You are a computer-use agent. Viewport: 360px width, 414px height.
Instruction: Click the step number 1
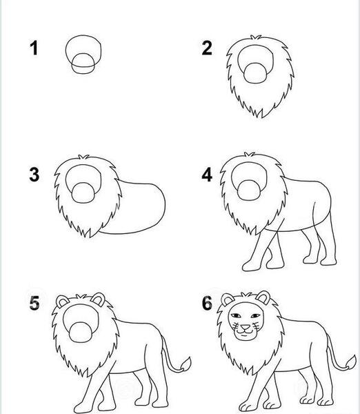[34, 48]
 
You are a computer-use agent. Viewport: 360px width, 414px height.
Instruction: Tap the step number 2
[207, 48]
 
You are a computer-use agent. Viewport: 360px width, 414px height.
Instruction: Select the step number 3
[34, 175]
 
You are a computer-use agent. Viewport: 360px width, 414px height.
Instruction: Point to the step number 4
[207, 175]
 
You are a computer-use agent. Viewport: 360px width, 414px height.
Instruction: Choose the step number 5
[34, 303]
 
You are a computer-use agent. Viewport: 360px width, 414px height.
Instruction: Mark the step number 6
[207, 303]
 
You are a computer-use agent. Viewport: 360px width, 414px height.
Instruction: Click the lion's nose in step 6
[246, 328]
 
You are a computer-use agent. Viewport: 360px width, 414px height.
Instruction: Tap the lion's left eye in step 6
[236, 315]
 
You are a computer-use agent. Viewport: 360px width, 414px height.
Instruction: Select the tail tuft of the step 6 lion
[351, 363]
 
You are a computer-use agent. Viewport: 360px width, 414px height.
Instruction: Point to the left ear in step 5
[62, 302]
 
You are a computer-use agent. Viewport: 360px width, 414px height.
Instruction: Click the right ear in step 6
[263, 297]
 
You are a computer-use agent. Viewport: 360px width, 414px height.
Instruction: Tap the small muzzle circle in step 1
[83, 63]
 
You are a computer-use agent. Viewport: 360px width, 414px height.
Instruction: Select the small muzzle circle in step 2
[255, 73]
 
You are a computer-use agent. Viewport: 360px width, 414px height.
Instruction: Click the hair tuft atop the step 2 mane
[256, 37]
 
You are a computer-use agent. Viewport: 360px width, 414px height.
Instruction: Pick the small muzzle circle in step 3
[83, 193]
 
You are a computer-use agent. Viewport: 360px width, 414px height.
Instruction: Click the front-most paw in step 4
[251, 266]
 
